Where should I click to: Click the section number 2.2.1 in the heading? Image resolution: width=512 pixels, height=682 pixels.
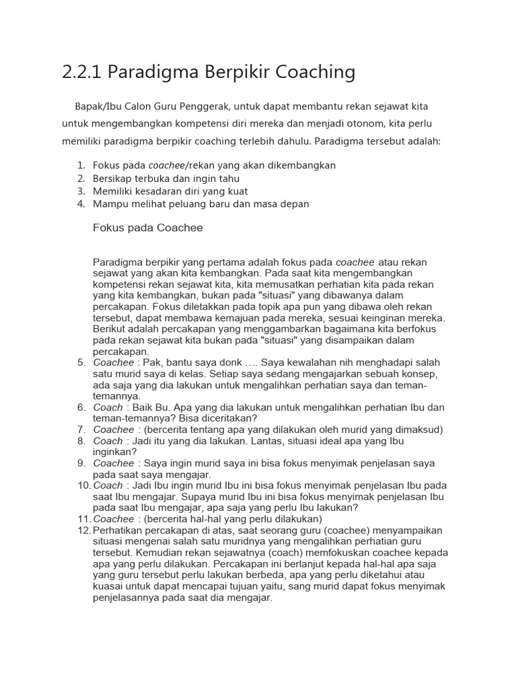[x=81, y=72]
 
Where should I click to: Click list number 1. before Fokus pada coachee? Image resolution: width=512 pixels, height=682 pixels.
[x=81, y=165]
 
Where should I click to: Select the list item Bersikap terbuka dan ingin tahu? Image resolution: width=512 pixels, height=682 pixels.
[x=166, y=178]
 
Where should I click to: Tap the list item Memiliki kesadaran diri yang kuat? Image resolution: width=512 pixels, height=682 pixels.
[x=175, y=191]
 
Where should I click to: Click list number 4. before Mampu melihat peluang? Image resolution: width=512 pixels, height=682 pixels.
[x=81, y=204]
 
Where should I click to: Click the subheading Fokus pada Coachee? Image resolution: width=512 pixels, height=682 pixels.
[x=148, y=228]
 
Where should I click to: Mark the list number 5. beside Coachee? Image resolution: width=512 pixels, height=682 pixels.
[x=81, y=363]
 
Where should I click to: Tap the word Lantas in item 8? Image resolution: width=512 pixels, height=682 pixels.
[x=249, y=441]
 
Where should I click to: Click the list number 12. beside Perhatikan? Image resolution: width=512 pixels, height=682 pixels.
[x=83, y=531]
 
